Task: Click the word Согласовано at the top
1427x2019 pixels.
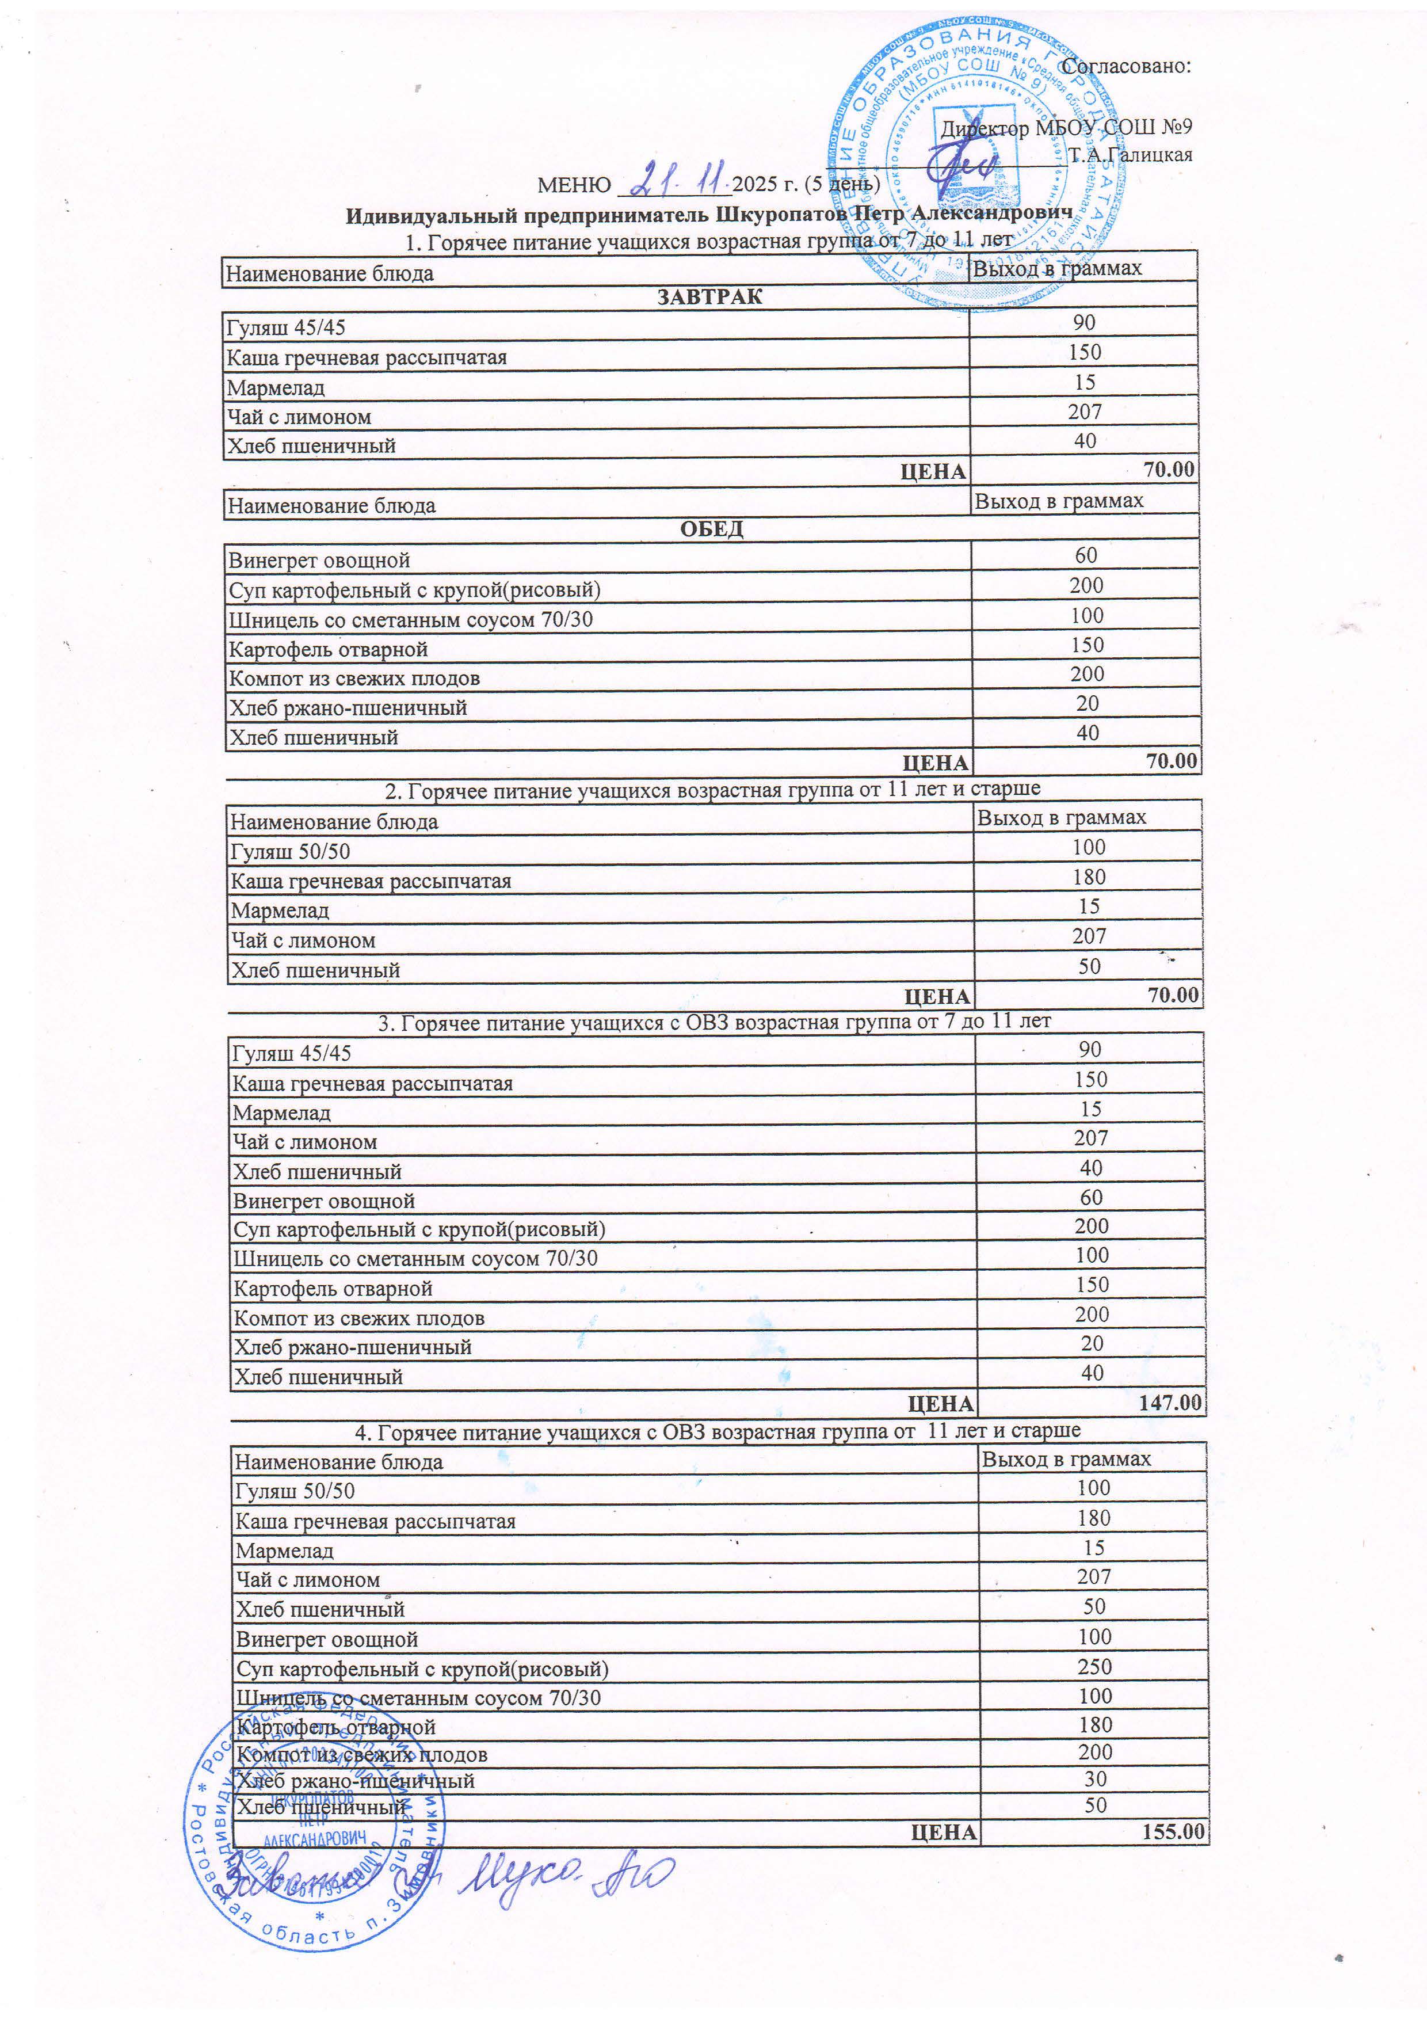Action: (x=1125, y=66)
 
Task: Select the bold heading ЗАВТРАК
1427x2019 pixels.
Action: (x=709, y=296)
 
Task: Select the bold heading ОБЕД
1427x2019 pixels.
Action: (x=711, y=528)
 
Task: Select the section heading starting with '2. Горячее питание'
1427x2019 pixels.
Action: (x=712, y=790)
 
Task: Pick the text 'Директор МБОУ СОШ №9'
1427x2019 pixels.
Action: (x=1066, y=128)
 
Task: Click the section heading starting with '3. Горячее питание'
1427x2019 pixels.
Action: (x=714, y=1022)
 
